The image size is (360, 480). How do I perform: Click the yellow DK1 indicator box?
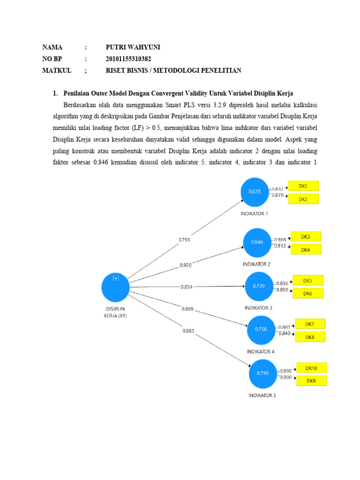(303, 186)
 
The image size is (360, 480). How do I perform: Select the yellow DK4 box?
(306, 250)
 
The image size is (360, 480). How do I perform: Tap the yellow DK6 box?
(307, 293)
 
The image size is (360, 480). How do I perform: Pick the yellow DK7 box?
(310, 324)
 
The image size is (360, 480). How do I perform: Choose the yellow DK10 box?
(311, 368)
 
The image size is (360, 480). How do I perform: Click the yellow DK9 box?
(311, 381)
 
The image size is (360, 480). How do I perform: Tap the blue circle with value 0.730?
(259, 286)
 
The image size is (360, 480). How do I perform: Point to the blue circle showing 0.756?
(261, 329)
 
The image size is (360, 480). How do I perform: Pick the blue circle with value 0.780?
(262, 373)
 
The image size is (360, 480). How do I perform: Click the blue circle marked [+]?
(115, 287)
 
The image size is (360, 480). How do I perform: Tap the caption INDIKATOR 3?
(259, 308)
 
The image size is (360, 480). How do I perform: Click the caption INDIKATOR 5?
(262, 395)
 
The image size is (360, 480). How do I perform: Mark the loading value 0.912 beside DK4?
(280, 245)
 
